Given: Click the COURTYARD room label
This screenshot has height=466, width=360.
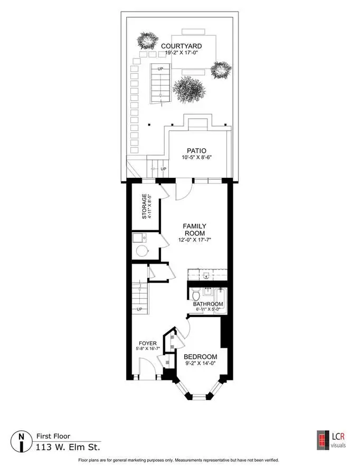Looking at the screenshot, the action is point(182,46).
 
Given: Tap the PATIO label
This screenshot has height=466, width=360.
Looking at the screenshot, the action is point(196,151).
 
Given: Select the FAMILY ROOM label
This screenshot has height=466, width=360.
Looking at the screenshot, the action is point(194,230).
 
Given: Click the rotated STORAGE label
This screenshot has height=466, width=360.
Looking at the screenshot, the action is point(144,206).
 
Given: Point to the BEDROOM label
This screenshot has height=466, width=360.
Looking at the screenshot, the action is point(201,357).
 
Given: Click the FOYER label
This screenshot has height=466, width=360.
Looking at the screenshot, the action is point(148,344).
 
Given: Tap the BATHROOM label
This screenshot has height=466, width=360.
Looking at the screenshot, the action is point(208,304).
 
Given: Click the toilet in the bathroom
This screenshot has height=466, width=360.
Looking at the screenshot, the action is point(196,295).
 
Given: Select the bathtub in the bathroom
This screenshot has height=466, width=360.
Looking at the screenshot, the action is point(220,301).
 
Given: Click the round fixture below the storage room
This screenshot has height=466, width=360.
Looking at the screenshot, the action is point(142,251).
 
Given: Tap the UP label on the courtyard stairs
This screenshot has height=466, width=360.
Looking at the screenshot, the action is point(160,69).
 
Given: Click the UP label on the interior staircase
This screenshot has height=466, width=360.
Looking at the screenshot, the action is point(139,309).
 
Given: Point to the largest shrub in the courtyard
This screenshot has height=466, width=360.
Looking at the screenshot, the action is point(189,90).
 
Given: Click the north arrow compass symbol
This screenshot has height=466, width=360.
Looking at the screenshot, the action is point(21,441).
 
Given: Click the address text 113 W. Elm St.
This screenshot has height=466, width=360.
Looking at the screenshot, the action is point(68,447).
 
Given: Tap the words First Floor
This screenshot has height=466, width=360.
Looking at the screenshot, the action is point(53,436).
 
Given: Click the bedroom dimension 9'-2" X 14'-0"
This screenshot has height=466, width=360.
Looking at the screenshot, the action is point(200,363).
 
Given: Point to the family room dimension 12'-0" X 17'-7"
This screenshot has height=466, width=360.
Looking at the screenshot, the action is point(194,240).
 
